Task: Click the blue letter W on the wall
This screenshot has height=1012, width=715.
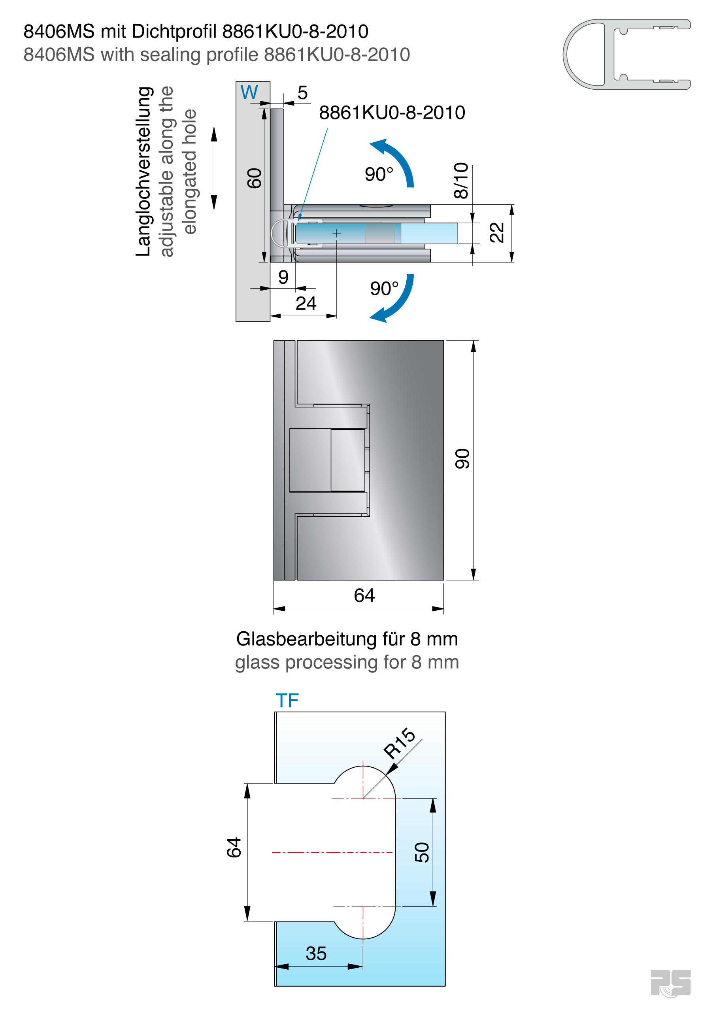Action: (x=249, y=93)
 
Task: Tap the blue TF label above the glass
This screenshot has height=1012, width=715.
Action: (x=287, y=700)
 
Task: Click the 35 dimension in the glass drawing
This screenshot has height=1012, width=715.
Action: (x=316, y=953)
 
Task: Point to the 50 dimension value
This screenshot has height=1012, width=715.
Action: (x=422, y=852)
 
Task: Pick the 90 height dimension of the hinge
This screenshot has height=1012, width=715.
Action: (x=462, y=459)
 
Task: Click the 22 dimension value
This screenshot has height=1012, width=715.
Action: (x=497, y=233)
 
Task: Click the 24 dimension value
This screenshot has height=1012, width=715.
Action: (x=306, y=303)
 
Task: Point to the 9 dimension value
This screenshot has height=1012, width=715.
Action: (x=283, y=277)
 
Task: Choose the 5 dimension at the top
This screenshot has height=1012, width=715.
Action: (x=302, y=93)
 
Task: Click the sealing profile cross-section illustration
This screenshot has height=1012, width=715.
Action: (x=626, y=55)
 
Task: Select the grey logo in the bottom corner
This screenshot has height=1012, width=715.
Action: (x=670, y=983)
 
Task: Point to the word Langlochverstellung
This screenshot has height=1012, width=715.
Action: (x=144, y=172)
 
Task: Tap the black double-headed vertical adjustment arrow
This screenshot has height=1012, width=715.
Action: (x=214, y=168)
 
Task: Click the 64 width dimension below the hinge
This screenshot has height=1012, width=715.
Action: (x=364, y=595)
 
